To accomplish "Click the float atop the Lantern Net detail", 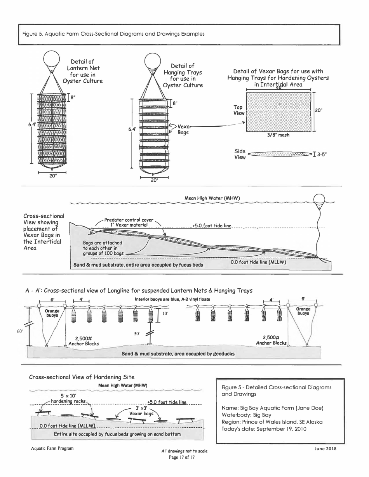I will pos(51,60).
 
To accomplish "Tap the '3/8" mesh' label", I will pos(278,135).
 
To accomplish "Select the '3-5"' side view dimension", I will pos(320,154).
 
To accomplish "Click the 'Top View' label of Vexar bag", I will pos(238,110).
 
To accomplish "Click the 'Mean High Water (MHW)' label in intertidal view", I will pos(212,198).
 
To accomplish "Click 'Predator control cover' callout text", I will pos(129,220).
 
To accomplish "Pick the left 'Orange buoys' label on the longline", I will pos(52,313).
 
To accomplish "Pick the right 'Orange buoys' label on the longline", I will pos(303,312).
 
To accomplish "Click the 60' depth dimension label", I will pos(20,331).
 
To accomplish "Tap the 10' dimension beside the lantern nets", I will pos(165,314).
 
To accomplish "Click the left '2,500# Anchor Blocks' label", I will pos(84,341).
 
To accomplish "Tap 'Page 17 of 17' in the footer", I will pos(181,457).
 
